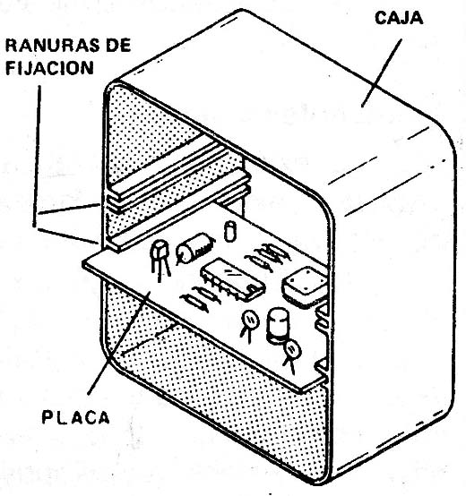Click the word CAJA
click(399, 18)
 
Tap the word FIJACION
click(49, 68)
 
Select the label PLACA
click(75, 417)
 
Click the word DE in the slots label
click(118, 46)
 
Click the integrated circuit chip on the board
click(232, 278)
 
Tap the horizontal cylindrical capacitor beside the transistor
click(195, 248)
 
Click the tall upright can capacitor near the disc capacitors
click(278, 326)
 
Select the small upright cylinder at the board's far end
click(230, 231)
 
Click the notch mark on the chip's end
click(253, 289)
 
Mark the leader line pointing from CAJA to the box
click(382, 73)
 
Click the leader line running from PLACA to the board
click(119, 343)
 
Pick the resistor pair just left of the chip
click(201, 298)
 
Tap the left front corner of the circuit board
click(83, 264)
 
